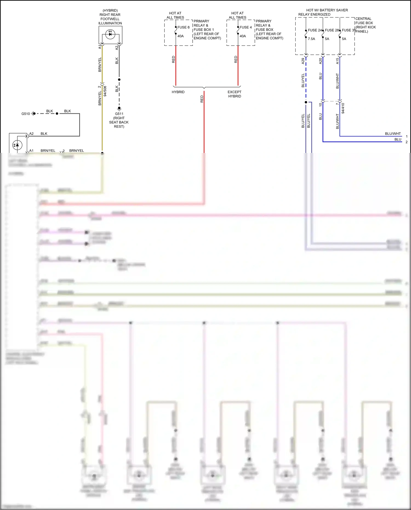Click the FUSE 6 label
point(183,27)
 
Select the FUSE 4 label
point(246,27)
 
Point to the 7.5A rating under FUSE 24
point(311,39)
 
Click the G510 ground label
point(25,114)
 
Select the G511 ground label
point(119,114)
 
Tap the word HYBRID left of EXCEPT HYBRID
point(178,92)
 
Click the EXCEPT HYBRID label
point(235,94)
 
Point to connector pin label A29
point(303,61)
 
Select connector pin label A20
point(320,61)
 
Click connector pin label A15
point(337,61)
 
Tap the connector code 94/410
point(343,108)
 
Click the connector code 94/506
point(105,91)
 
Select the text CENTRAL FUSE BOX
point(364,21)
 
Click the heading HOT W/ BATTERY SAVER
point(327,10)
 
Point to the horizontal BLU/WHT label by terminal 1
point(393,134)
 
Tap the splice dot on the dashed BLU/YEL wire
point(306,102)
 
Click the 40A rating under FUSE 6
point(180,36)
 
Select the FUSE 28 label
point(332,30)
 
